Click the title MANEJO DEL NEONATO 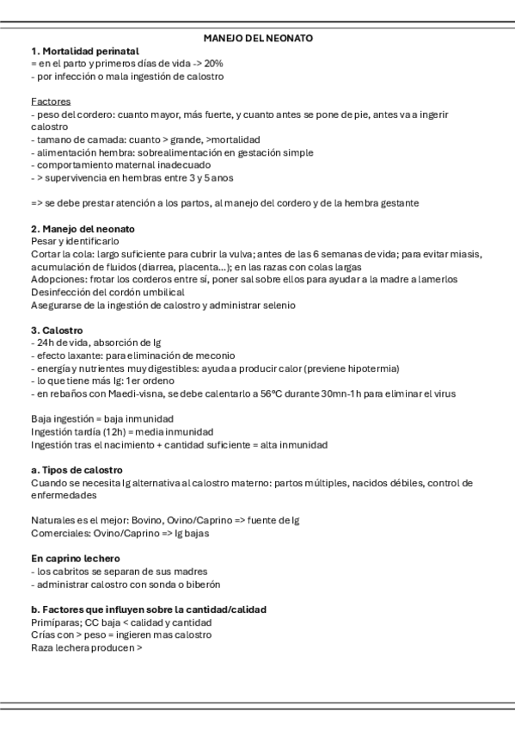click(258, 39)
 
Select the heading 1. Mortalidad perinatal click(77, 52)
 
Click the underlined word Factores click(51, 102)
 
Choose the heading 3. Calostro click(58, 331)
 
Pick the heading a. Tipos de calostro click(76, 470)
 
